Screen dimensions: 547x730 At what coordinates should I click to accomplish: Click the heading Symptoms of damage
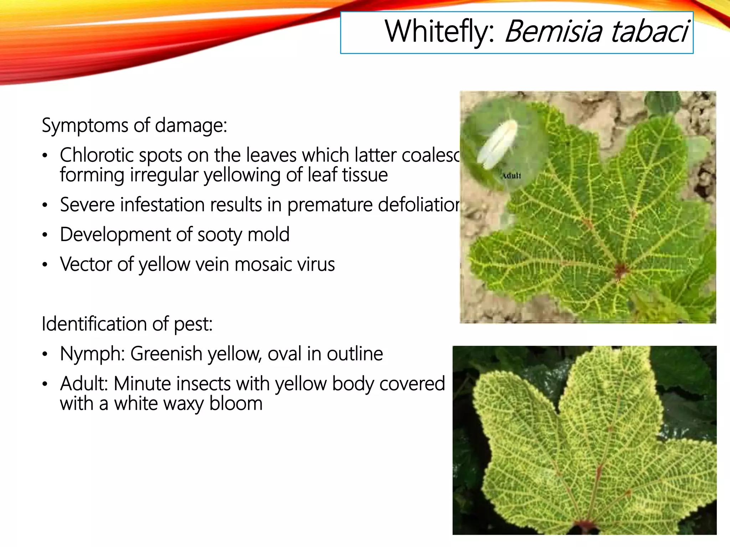coord(134,126)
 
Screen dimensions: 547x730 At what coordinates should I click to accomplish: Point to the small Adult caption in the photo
coord(511,176)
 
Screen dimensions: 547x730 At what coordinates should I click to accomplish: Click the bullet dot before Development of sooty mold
coord(45,235)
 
